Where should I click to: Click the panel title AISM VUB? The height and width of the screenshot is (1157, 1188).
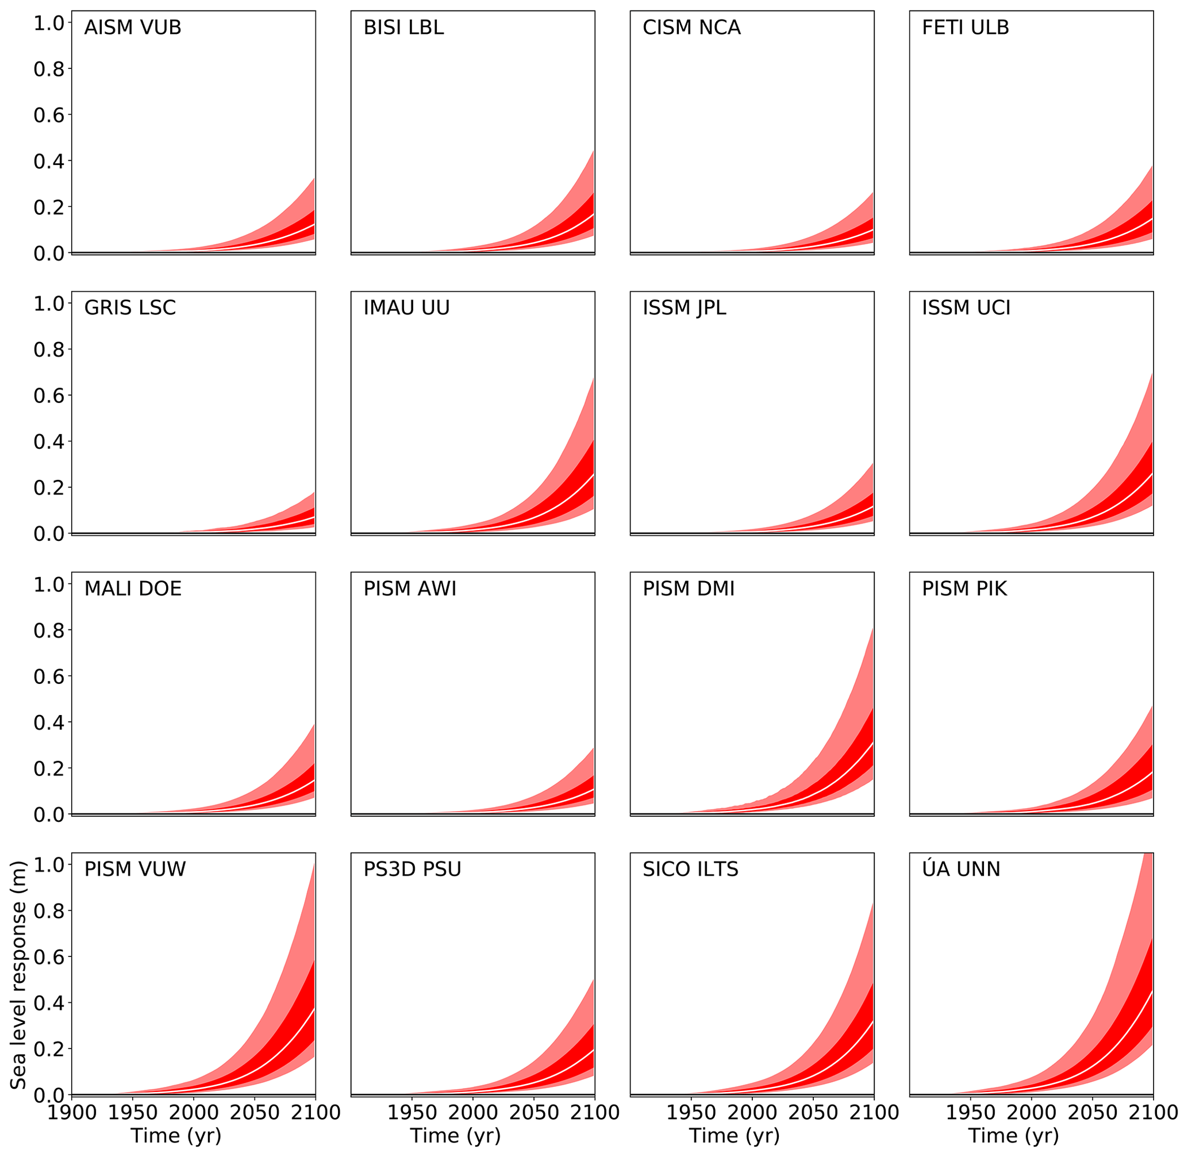point(132,28)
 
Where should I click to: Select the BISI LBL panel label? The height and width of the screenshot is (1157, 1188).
point(403,28)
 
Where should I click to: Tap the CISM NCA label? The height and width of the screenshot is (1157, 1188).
point(691,28)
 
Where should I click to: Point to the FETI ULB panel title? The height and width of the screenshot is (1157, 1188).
point(966,28)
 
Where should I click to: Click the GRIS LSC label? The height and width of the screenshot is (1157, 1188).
point(130,308)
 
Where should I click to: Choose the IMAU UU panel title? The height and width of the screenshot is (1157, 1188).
point(406,308)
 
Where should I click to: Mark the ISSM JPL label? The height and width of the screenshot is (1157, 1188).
point(685,308)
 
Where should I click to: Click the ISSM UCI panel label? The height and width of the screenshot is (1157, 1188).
point(966,308)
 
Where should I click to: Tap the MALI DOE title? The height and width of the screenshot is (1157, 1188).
point(132,589)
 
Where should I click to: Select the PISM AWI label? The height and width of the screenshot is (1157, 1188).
point(410,589)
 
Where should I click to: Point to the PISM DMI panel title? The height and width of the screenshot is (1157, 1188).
point(689,589)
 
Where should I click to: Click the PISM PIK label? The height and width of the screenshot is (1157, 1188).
point(964,589)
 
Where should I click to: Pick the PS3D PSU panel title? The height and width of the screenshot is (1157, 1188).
point(412,870)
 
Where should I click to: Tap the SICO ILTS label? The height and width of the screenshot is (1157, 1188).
point(690,870)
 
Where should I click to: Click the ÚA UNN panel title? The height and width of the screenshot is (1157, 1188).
point(961,870)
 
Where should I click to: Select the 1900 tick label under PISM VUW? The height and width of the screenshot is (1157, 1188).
point(72,1113)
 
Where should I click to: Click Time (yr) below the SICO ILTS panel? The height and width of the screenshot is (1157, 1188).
point(734,1136)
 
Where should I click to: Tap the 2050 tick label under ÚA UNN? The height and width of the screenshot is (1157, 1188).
point(1093,1113)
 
